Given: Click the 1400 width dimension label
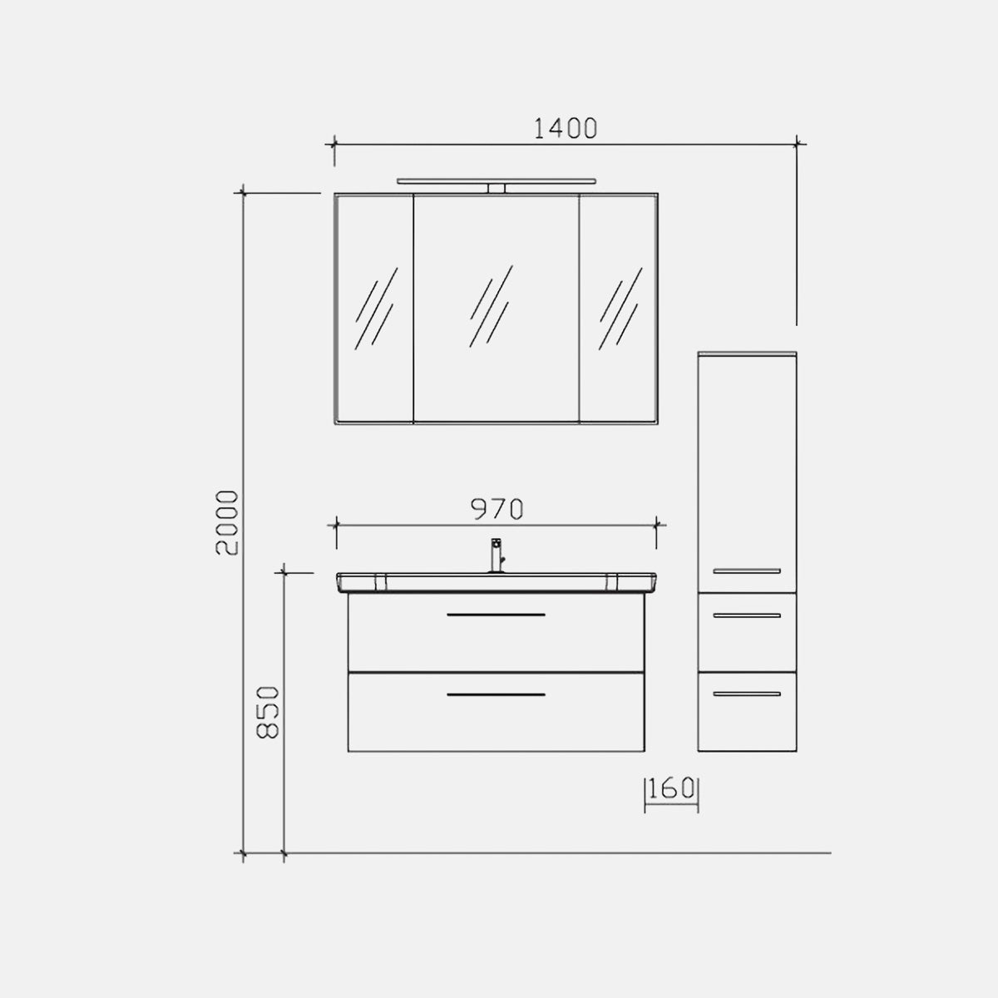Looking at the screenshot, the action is [x=566, y=128].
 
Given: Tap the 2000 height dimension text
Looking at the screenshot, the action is [x=227, y=522].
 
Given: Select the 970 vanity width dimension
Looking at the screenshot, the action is [x=497, y=509].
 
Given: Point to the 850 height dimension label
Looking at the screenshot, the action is [x=268, y=712].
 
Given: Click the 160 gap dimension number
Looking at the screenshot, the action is [x=670, y=788].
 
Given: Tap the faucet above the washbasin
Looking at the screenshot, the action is [x=497, y=556].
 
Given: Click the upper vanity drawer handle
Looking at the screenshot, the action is [x=497, y=615].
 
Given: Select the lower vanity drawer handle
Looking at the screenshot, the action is [x=497, y=694].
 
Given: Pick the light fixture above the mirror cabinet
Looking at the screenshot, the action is [x=497, y=181].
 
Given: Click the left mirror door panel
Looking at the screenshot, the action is [x=375, y=309].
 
